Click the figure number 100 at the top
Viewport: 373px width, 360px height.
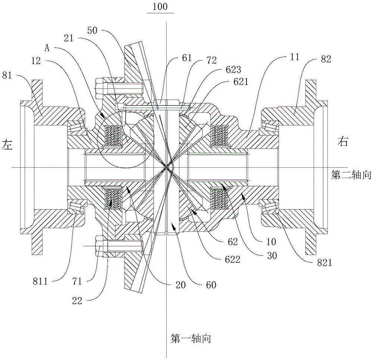(x=160, y=6)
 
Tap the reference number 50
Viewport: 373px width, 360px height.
(x=92, y=30)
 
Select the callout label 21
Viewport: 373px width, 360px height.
(x=69, y=38)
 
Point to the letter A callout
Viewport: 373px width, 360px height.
(x=47, y=48)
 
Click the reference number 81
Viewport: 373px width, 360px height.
(x=7, y=76)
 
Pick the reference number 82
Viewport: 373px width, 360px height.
(x=326, y=59)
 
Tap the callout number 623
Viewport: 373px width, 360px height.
(x=234, y=69)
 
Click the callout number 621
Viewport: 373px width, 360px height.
(x=241, y=82)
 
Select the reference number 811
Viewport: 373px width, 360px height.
(x=40, y=282)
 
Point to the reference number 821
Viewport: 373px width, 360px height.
(x=325, y=263)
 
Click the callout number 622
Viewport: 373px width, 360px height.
(x=233, y=259)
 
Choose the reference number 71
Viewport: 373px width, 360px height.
(x=77, y=282)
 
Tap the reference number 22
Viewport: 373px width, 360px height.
(x=77, y=301)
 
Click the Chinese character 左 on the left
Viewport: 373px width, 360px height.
(x=7, y=145)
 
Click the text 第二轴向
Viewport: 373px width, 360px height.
(x=351, y=176)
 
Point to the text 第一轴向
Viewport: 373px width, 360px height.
(x=191, y=338)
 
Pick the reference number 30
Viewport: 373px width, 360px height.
(x=272, y=256)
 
